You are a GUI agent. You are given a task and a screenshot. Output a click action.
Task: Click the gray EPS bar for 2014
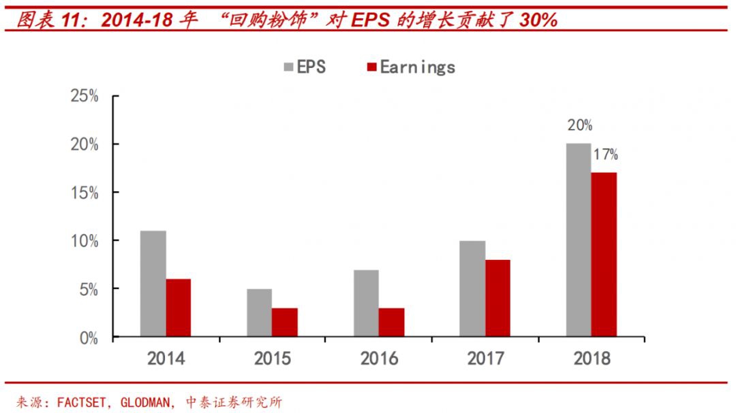click(x=153, y=284)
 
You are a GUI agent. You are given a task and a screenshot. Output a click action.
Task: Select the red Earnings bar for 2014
click(x=179, y=308)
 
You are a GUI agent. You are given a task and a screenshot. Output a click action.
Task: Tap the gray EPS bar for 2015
click(x=259, y=313)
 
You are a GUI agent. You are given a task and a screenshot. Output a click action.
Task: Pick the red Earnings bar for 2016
click(x=391, y=323)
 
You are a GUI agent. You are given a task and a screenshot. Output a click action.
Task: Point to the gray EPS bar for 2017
click(x=472, y=288)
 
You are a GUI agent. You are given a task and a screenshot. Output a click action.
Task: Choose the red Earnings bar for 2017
click(x=497, y=298)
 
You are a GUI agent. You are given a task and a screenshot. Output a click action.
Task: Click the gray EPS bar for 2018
click(x=579, y=240)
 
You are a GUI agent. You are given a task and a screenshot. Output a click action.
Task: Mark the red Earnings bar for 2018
click(x=604, y=254)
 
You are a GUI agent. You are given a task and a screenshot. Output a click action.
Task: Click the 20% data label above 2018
click(x=579, y=126)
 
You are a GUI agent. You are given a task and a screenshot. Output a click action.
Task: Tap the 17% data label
click(x=604, y=155)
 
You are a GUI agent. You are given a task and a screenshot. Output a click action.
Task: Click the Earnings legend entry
click(x=410, y=67)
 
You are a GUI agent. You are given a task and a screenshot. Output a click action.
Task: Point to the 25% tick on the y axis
click(x=85, y=96)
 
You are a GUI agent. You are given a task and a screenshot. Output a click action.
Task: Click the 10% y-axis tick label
click(x=85, y=241)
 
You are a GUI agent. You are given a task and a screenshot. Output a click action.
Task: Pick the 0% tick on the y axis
click(x=89, y=337)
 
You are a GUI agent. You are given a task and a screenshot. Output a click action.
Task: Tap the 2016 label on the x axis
click(x=380, y=359)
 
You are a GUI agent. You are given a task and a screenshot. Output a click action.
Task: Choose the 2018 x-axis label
click(x=592, y=359)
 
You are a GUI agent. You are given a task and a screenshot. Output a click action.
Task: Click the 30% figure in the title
click(x=538, y=20)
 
